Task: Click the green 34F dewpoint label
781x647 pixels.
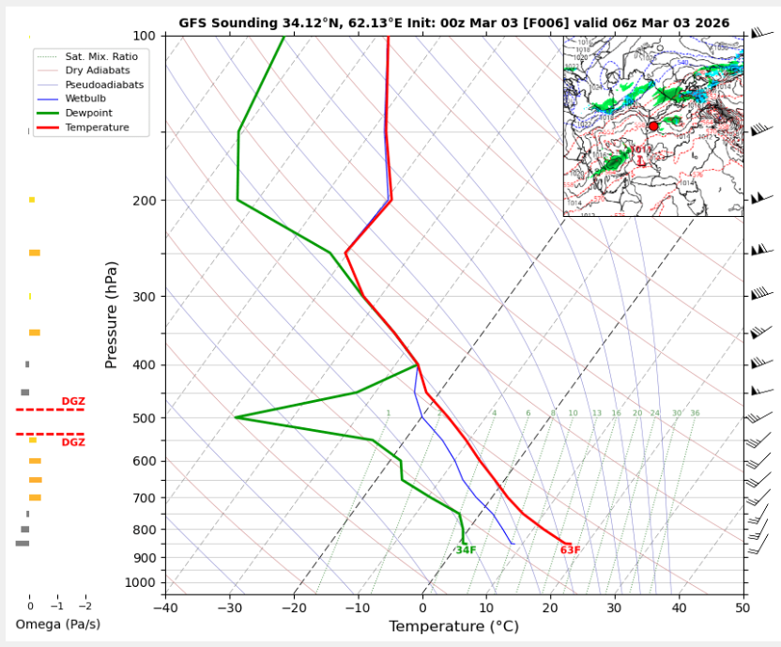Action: pyautogui.click(x=466, y=550)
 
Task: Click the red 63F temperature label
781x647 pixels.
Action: pyautogui.click(x=570, y=550)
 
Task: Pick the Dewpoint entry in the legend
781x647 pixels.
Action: pyautogui.click(x=89, y=113)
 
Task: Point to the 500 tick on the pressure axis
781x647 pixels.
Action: pyautogui.click(x=146, y=418)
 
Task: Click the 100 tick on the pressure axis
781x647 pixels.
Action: pyautogui.click(x=146, y=36)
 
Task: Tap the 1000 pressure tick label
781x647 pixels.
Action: pyautogui.click(x=144, y=583)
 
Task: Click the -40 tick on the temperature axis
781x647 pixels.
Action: pyautogui.click(x=165, y=608)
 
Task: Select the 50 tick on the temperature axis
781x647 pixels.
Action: pyautogui.click(x=743, y=608)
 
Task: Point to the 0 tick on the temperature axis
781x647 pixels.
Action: pyautogui.click(x=422, y=608)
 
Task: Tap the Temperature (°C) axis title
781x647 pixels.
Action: pyautogui.click(x=454, y=626)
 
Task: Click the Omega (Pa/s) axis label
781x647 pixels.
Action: pyautogui.click(x=58, y=624)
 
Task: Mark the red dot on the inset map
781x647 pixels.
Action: pyautogui.click(x=653, y=126)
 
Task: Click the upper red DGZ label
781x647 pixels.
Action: pyautogui.click(x=73, y=401)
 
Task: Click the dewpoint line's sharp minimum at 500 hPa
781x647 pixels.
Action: pyautogui.click(x=236, y=417)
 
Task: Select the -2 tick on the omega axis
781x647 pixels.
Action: pyautogui.click(x=84, y=608)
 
